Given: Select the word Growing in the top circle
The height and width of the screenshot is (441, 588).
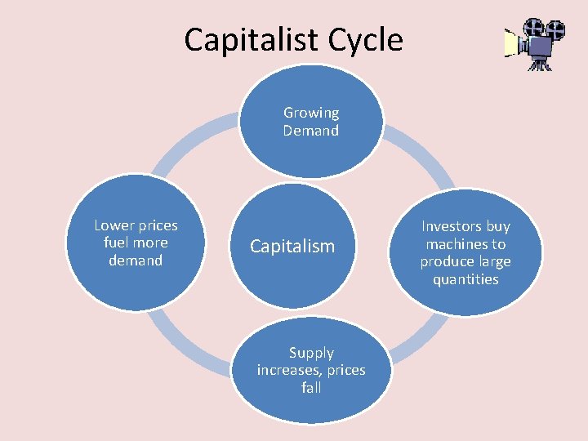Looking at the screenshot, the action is pos(311,113).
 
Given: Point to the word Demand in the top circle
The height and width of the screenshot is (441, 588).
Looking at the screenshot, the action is pos(311,131).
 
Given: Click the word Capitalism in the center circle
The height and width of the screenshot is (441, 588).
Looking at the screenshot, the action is pos(292,246).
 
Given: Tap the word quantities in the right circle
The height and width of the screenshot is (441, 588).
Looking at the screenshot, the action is pos(465,279).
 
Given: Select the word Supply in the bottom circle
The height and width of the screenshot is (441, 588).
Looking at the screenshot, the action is pos(311,353).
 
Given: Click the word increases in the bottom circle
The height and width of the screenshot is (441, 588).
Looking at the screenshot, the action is pos(286,370).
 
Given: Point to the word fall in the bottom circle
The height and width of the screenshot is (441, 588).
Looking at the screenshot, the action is pos(311,388).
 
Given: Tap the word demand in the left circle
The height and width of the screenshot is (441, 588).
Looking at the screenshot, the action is pos(136,261).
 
